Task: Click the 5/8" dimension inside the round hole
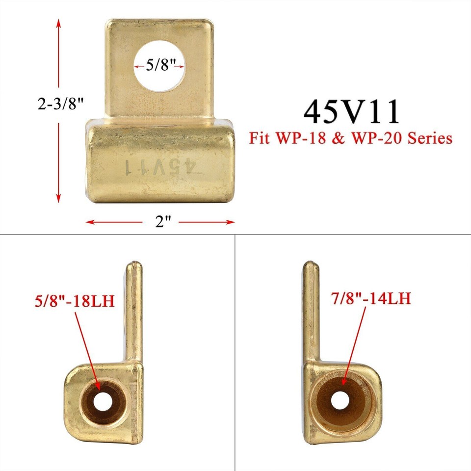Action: (x=158, y=65)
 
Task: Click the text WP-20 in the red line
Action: (x=380, y=138)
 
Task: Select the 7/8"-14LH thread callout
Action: (x=370, y=298)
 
